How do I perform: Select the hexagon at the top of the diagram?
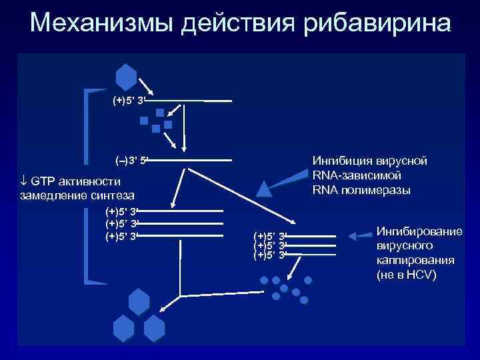(x=126, y=77)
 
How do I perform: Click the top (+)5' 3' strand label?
(x=129, y=101)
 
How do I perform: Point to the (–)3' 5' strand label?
(x=131, y=161)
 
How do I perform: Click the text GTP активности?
(x=75, y=182)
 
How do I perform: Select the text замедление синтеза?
(x=77, y=195)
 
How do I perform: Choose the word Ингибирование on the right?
(x=419, y=231)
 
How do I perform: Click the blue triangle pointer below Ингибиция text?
(x=265, y=189)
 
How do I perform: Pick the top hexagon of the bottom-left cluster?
(x=139, y=302)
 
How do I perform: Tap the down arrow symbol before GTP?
(x=24, y=182)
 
